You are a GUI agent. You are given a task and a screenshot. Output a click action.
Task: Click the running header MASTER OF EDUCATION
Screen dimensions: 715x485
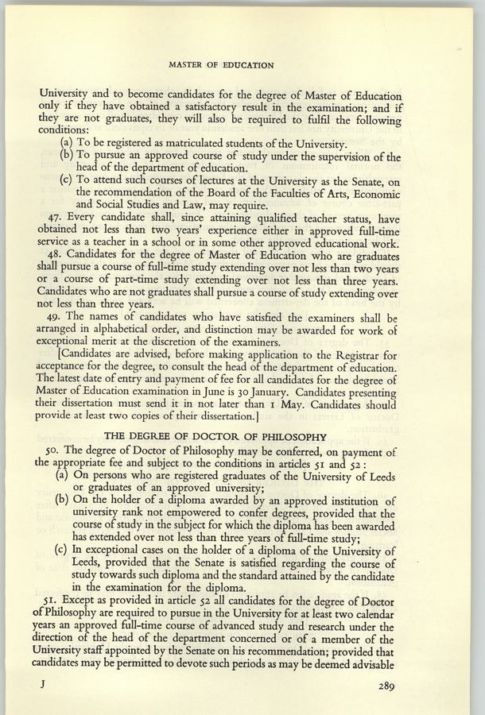tap(222, 64)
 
